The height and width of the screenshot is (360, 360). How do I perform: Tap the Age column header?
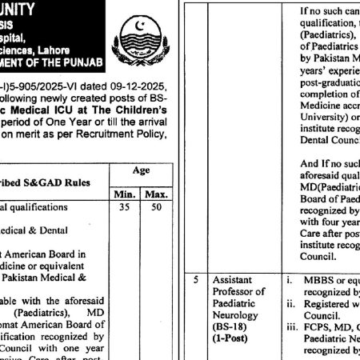pyautogui.click(x=140, y=170)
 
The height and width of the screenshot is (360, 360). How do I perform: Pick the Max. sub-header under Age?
pyautogui.click(x=153, y=194)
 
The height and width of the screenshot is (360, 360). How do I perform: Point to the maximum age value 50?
pyautogui.click(x=154, y=207)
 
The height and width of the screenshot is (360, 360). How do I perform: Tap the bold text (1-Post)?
pyautogui.click(x=230, y=338)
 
